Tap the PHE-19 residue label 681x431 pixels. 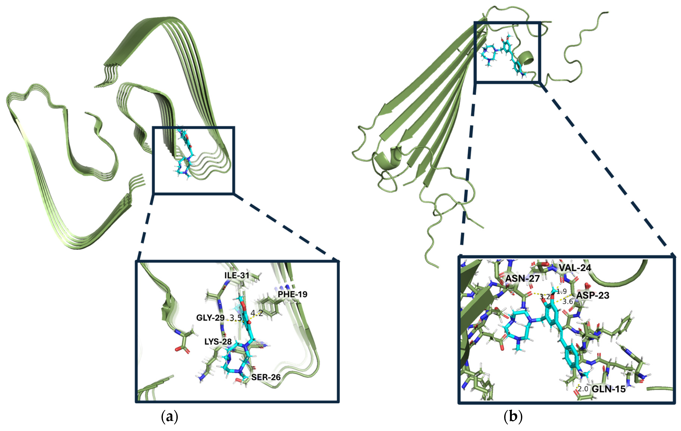pos(292,294)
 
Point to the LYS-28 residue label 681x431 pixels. pos(218,342)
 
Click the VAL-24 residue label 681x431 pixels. pos(575,268)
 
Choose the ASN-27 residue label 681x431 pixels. pos(523,279)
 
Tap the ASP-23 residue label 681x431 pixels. pos(593,295)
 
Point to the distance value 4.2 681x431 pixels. pos(256,313)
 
